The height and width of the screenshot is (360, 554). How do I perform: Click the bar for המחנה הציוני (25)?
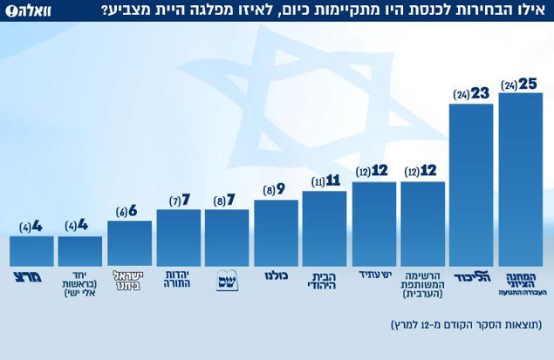pyautogui.click(x=521, y=179)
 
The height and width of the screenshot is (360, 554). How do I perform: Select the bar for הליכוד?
pyautogui.click(x=472, y=185)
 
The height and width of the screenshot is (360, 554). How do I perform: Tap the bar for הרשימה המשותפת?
pyautogui.click(x=423, y=223)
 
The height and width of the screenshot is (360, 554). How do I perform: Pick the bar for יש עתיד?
pyautogui.click(x=374, y=223)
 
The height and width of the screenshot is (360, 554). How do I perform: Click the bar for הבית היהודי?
pyautogui.click(x=325, y=228)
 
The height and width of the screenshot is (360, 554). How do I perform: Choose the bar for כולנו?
pyautogui.click(x=277, y=233)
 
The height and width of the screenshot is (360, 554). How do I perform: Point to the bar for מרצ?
pyautogui.click(x=31, y=250)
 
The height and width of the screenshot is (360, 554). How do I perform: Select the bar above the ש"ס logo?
pyautogui.click(x=227, y=237)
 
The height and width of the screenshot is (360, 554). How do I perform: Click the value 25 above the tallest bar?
pyautogui.click(x=527, y=85)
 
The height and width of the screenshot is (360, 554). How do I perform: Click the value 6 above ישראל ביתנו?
pyautogui.click(x=132, y=212)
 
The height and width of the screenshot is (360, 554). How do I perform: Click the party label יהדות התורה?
pyautogui.click(x=178, y=280)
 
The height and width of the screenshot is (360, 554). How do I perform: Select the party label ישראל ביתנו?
pyautogui.click(x=129, y=280)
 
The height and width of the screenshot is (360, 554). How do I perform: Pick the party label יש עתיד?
pyautogui.click(x=374, y=275)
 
